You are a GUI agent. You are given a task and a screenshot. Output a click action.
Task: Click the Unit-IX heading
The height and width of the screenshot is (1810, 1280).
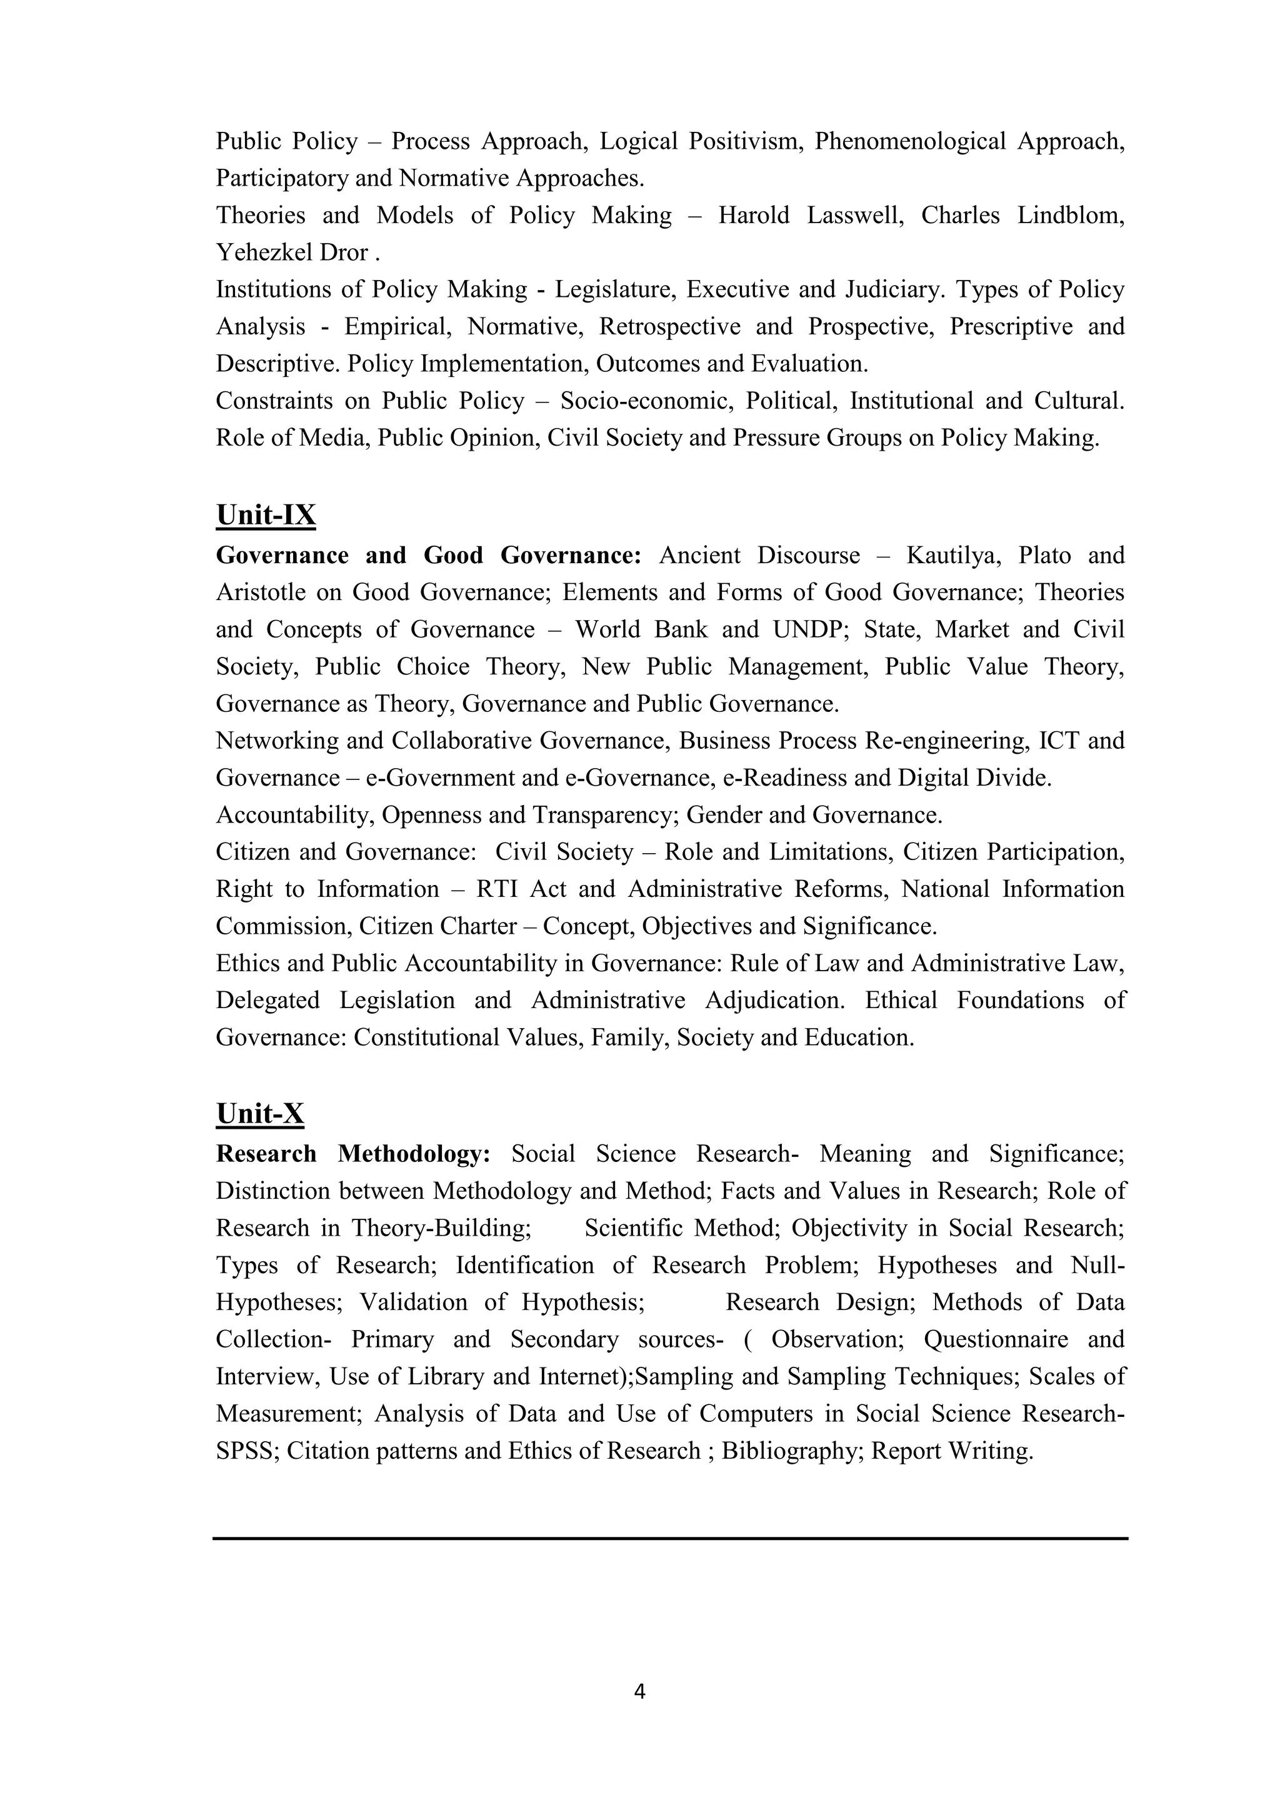pos(266,516)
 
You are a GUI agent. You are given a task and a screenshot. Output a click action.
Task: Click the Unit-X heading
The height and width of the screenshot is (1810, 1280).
pos(260,1114)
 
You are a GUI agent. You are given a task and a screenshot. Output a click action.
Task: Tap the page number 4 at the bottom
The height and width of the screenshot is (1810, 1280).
pos(639,1692)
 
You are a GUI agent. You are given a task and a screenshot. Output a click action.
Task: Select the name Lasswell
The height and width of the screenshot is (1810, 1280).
pos(854,215)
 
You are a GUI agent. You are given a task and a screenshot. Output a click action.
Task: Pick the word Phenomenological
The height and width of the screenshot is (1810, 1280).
pos(909,141)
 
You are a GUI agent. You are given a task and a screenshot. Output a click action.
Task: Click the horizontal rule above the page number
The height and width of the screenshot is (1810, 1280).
pos(670,1538)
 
